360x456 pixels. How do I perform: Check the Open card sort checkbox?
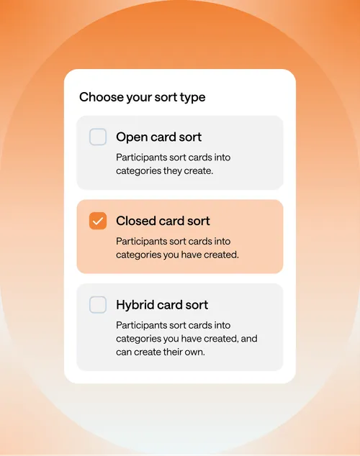(x=98, y=137)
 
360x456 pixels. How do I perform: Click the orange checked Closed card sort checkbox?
(x=98, y=221)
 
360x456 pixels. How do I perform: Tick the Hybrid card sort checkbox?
(x=98, y=304)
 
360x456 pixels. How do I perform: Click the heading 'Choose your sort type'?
(x=143, y=97)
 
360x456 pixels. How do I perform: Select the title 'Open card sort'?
(x=158, y=137)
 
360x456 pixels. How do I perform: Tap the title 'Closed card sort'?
(x=163, y=221)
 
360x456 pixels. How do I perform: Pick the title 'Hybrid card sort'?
(x=162, y=305)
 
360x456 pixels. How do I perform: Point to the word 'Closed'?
(x=135, y=221)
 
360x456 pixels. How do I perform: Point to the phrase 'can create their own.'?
(x=161, y=352)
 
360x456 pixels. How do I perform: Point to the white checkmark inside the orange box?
(x=98, y=221)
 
